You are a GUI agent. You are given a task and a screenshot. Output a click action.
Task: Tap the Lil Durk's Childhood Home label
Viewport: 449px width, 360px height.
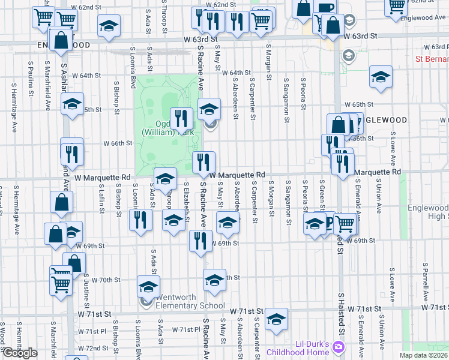(312, 348)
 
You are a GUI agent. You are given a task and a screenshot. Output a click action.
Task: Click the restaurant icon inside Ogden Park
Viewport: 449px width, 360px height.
(181, 118)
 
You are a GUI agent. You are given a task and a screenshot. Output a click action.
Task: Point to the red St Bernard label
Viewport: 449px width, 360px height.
(432, 59)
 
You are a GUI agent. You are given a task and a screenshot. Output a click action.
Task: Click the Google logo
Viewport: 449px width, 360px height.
(19, 353)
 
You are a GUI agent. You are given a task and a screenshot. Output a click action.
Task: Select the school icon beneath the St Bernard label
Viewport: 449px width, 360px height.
(381, 77)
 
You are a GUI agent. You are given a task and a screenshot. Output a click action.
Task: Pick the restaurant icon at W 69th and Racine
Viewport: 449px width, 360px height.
(200, 241)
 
